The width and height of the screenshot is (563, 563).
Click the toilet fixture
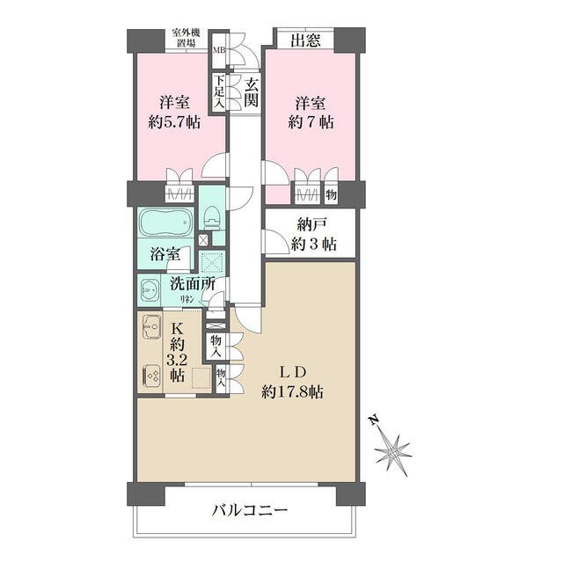coord(211,217)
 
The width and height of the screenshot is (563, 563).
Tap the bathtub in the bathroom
coord(166,223)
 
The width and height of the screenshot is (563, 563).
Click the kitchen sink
coord(152,326)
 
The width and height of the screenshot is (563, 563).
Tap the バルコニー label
coord(250,510)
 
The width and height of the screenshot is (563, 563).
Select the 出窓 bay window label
coord(305,40)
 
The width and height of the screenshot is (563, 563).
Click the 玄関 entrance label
coord(251,92)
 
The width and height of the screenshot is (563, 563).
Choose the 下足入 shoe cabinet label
coord(219,91)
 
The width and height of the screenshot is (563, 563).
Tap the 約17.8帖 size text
coord(292,391)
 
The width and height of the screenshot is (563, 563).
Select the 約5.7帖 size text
coord(174,122)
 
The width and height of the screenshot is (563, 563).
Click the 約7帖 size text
coord(311,122)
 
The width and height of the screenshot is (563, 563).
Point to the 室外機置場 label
coord(186,38)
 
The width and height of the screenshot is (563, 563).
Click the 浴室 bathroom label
coord(165,254)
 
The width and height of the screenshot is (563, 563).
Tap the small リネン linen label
coord(186,297)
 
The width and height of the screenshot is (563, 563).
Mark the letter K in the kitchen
coord(178,328)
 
